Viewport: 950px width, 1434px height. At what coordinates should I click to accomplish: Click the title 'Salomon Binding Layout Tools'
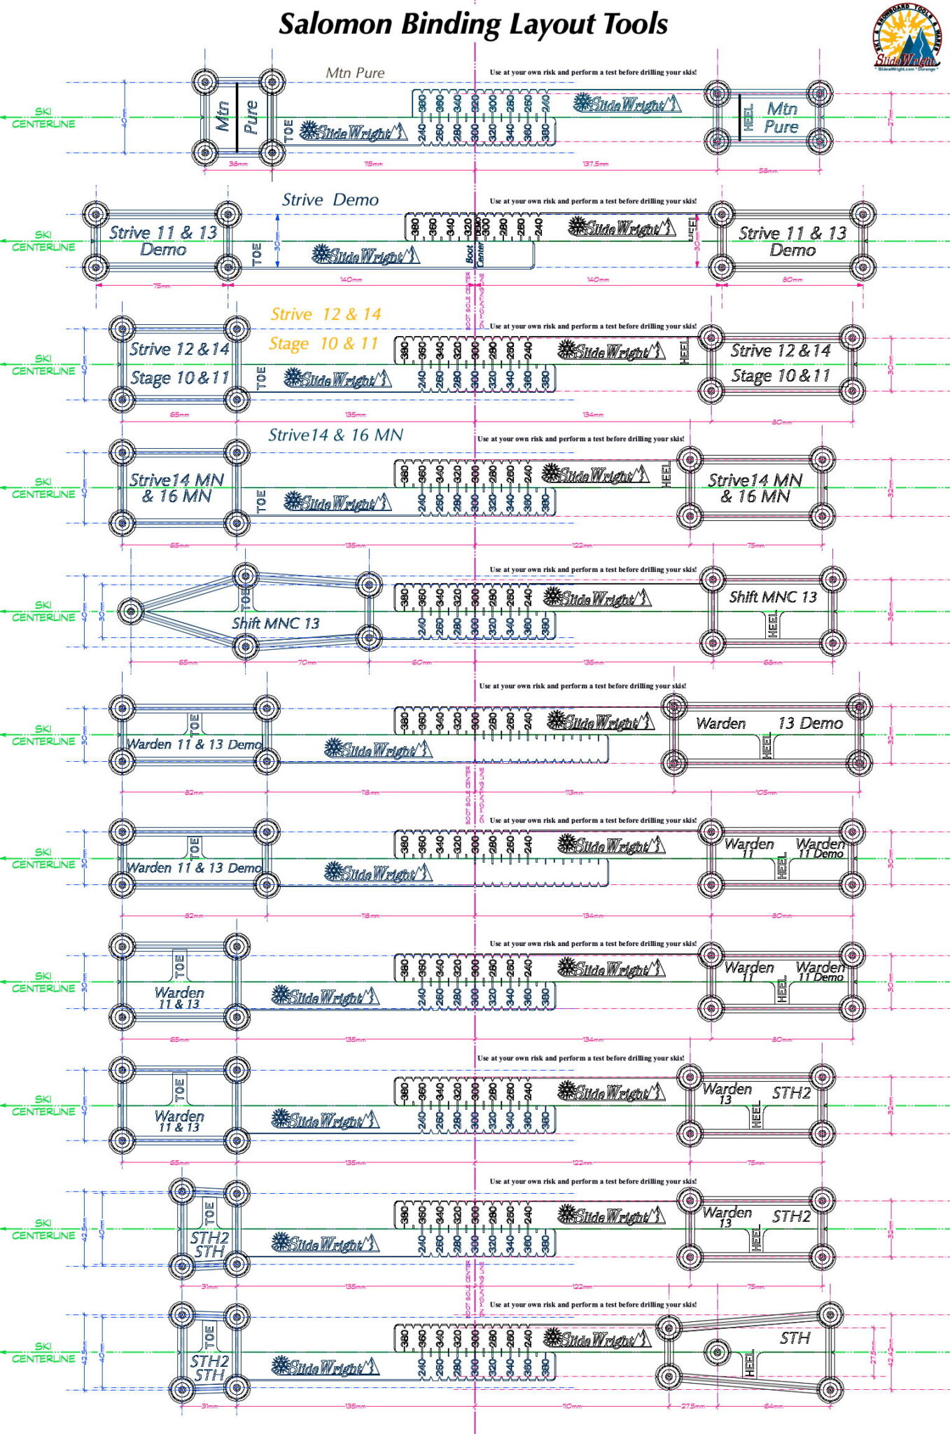[473, 24]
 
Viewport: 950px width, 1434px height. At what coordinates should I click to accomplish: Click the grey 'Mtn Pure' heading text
[355, 73]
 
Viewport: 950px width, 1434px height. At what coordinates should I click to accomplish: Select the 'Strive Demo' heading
[330, 200]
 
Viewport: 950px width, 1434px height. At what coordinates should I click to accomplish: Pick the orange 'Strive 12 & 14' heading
[326, 314]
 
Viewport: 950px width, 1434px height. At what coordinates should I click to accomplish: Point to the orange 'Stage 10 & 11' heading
[323, 344]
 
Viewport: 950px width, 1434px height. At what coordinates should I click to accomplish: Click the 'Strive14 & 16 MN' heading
[335, 436]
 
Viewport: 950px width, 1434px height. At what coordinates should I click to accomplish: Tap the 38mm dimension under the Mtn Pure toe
[238, 164]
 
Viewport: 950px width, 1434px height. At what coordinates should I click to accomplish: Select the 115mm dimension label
[373, 164]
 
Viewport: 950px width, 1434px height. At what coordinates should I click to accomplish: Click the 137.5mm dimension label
[595, 164]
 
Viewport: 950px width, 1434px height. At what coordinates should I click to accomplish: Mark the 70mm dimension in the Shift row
[307, 662]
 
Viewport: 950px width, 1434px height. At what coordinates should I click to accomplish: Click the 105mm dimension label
[766, 793]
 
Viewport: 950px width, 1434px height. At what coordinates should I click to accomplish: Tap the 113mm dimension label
[574, 793]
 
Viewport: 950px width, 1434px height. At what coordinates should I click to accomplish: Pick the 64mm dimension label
[773, 1406]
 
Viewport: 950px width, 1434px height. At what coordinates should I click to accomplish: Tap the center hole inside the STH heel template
[717, 1352]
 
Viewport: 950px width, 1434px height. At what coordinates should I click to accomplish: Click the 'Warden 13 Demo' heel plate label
[769, 723]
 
